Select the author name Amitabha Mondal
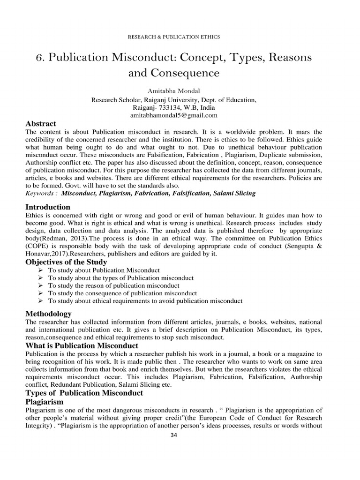pyautogui.click(x=173, y=91)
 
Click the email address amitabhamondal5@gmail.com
pyautogui.click(x=173, y=115)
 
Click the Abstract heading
pyautogui.click(x=40, y=124)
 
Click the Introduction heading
pyautogui.click(x=47, y=207)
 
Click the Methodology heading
pyautogui.click(x=48, y=314)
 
